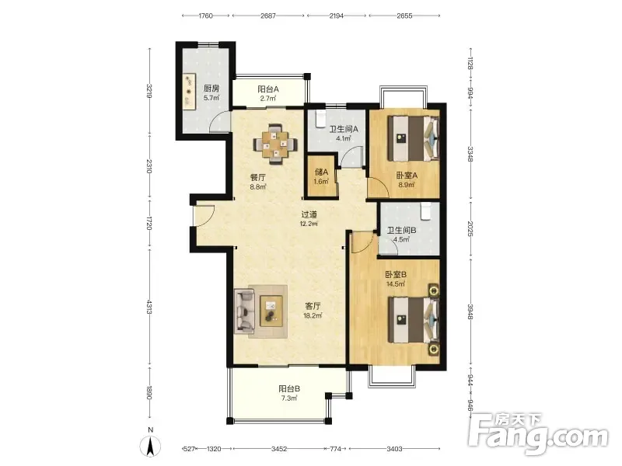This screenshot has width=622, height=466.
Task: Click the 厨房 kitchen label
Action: click(211, 89)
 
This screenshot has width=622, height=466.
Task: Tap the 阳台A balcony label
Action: click(268, 89)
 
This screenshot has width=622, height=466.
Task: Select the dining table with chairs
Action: click(275, 144)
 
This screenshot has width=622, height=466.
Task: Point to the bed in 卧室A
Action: click(414, 138)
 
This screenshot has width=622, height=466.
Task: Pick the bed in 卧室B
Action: click(414, 320)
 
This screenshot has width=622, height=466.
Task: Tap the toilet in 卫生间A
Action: click(320, 119)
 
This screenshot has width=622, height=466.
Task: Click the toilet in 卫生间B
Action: click(425, 210)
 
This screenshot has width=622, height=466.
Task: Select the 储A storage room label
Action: click(321, 172)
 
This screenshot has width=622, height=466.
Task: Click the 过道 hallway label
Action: click(309, 215)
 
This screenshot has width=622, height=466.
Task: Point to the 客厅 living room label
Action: click(313, 306)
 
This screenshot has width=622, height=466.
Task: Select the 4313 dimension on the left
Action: click(149, 307)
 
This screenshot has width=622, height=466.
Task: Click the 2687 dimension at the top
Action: click(268, 16)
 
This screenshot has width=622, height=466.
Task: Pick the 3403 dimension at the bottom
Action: click(394, 449)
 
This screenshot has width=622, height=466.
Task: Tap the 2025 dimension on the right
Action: click(470, 229)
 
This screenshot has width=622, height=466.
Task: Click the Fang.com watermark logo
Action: click(537, 434)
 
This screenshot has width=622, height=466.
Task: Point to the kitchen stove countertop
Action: click(188, 92)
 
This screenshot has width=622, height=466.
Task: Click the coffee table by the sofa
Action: click(271, 311)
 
